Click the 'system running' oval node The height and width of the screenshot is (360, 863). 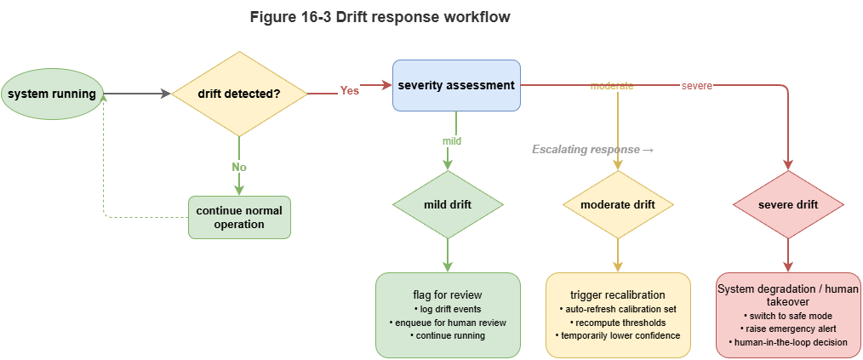tap(51, 93)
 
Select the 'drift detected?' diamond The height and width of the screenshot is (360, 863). tap(239, 93)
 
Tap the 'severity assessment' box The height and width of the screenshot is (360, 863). tap(456, 85)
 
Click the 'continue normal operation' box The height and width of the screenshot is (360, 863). tap(239, 218)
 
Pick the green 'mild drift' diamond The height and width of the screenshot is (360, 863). tap(448, 204)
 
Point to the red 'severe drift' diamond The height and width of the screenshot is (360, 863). tap(787, 204)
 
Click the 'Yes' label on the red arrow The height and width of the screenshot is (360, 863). tap(349, 90)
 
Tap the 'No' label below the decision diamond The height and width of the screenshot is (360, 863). tap(239, 167)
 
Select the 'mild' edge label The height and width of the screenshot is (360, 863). tap(451, 140)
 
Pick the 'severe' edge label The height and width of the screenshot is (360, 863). tap(696, 86)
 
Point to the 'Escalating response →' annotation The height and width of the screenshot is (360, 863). tap(592, 150)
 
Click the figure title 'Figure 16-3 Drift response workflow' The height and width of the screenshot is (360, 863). tap(380, 18)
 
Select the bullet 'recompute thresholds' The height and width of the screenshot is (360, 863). tap(620, 323)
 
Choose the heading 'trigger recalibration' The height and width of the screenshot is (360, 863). tap(618, 294)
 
